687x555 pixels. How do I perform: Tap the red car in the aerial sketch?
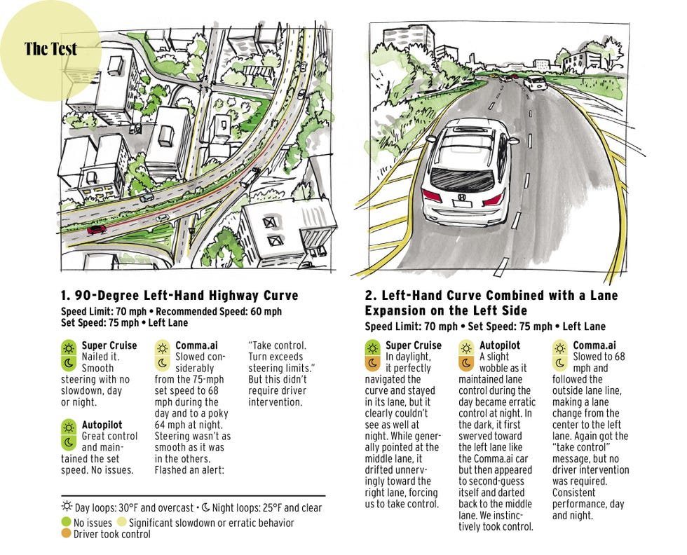tap(96, 229)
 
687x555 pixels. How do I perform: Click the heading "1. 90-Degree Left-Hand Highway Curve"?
tap(180, 295)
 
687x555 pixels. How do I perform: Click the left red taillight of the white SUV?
tap(432, 196)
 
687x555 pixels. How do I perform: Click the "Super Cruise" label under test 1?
tap(104, 345)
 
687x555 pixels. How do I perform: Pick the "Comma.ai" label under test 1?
tap(195, 345)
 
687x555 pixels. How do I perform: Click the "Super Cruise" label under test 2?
tap(414, 345)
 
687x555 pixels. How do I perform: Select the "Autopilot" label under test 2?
tap(499, 345)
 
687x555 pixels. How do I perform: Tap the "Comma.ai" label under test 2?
tap(594, 345)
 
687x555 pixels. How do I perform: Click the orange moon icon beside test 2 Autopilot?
tap(465, 363)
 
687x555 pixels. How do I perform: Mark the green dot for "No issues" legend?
tap(67, 523)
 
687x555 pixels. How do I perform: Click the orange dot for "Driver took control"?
tap(67, 534)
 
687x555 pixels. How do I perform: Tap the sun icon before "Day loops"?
tap(67, 507)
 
